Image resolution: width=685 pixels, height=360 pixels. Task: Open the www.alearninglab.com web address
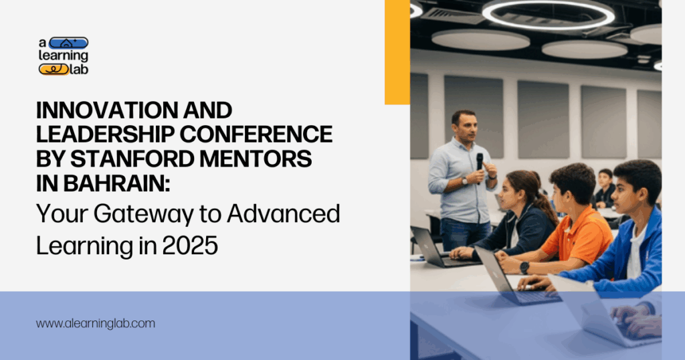(96, 323)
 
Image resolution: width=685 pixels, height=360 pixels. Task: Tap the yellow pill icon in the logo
(54, 68)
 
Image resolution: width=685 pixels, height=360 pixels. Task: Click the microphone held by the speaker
(480, 161)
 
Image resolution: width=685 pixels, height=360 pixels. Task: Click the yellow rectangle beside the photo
(397, 52)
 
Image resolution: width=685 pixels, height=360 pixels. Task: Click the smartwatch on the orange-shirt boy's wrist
(525, 267)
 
